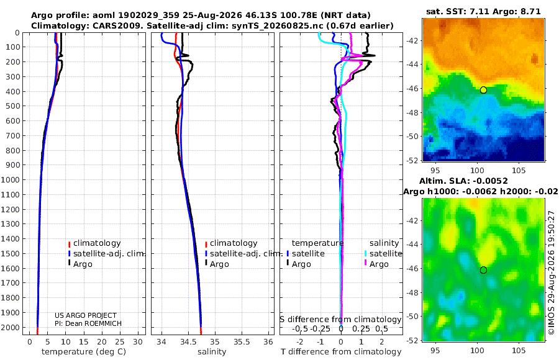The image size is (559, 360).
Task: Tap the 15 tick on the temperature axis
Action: point(83,342)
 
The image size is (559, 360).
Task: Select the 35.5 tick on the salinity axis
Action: point(242,342)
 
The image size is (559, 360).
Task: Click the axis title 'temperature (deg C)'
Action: point(84,352)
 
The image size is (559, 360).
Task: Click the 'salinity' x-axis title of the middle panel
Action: point(212,352)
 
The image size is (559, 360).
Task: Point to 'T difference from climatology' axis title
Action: point(341,352)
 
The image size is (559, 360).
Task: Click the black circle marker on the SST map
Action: point(483,90)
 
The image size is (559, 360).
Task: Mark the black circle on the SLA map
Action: point(483,270)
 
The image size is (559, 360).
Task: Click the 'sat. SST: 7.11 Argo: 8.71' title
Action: point(483,12)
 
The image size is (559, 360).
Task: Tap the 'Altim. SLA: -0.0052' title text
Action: point(463,181)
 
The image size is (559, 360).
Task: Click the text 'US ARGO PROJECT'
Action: point(86,315)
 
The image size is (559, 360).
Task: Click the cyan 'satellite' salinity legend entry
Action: point(383,254)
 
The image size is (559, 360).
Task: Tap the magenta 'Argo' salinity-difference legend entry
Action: point(376,264)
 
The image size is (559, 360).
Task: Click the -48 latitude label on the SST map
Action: point(412,112)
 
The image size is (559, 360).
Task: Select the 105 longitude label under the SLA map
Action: point(519,350)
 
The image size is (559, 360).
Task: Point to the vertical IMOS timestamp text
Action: point(552,272)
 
